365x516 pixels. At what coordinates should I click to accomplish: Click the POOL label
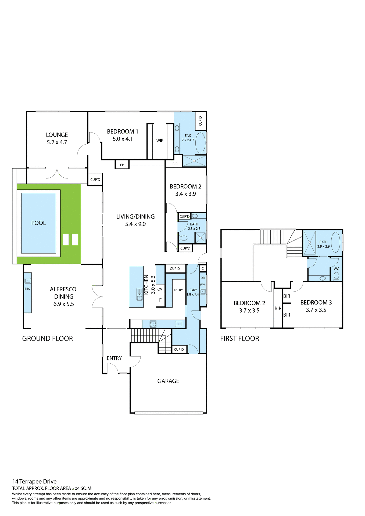(38, 223)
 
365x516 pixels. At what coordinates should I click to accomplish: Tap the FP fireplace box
(122, 164)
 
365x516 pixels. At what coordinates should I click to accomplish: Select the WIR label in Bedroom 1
(160, 141)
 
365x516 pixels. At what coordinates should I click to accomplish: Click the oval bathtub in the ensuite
(200, 143)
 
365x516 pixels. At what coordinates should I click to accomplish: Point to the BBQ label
(27, 289)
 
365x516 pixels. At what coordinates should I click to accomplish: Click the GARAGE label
(168, 381)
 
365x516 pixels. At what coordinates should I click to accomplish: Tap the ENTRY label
(114, 358)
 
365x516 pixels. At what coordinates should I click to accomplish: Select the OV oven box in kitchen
(160, 289)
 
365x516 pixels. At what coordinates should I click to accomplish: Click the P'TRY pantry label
(178, 290)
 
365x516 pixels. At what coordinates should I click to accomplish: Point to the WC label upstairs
(336, 269)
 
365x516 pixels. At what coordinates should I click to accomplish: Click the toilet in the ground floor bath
(183, 238)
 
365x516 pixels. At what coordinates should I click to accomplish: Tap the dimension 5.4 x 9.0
(135, 224)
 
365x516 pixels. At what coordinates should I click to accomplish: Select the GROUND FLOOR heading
(48, 338)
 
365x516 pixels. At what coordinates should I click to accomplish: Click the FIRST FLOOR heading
(239, 338)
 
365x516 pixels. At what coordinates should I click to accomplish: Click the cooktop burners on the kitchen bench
(153, 324)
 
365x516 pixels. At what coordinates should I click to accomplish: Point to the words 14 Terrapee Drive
(34, 481)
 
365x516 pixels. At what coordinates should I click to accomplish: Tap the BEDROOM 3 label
(316, 302)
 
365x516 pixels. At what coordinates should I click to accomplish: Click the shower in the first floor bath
(309, 242)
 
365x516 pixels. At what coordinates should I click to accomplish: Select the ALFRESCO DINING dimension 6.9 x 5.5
(64, 304)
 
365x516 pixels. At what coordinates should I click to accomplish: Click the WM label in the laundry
(202, 285)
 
